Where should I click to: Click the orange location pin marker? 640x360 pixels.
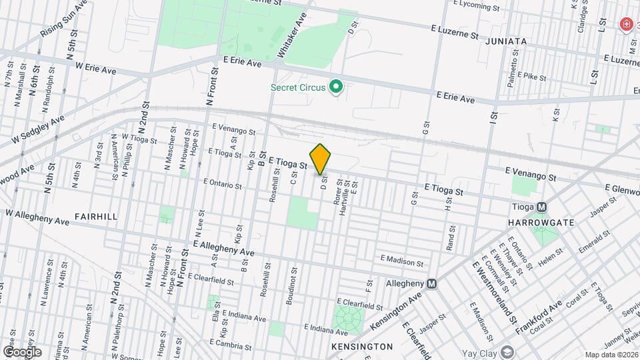point(321,159)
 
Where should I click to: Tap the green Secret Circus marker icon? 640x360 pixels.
point(337,87)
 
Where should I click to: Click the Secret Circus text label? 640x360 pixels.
point(298,87)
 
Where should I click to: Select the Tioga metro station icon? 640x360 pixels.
point(541,207)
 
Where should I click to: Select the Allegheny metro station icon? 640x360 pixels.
point(432,283)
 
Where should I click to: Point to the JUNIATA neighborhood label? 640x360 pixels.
point(506,41)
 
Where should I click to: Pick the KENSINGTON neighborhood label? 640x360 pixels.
point(362,347)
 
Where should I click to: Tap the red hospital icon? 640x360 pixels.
point(626,25)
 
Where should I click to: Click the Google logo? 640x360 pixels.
point(21,351)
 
